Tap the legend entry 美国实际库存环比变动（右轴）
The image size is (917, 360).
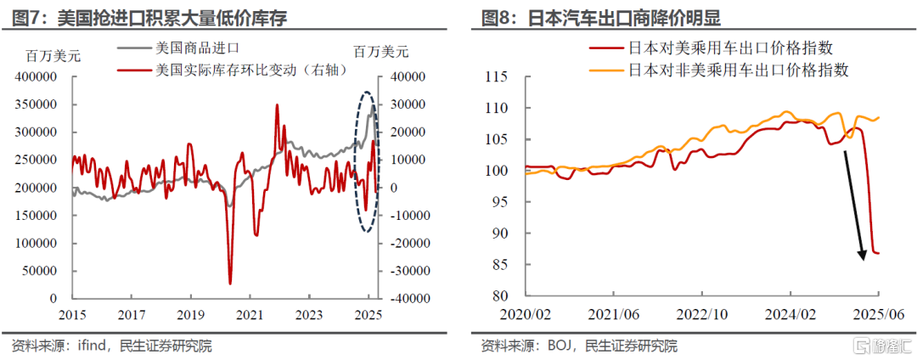251,70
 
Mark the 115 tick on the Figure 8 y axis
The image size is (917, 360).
493,77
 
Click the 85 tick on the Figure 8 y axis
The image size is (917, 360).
497,264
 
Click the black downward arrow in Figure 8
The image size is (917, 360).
853,204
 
